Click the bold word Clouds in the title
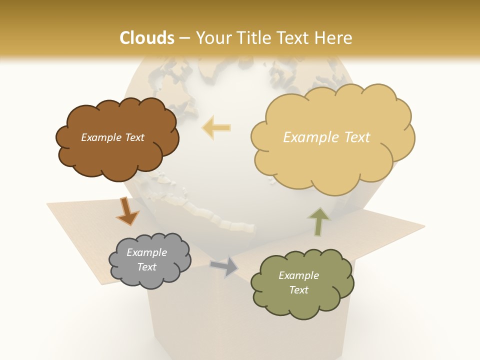point(147,38)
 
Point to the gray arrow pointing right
point(225,266)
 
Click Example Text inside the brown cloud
point(112,137)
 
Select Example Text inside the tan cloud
point(326,137)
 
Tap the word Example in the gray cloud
point(146,252)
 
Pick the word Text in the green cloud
point(298,290)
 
